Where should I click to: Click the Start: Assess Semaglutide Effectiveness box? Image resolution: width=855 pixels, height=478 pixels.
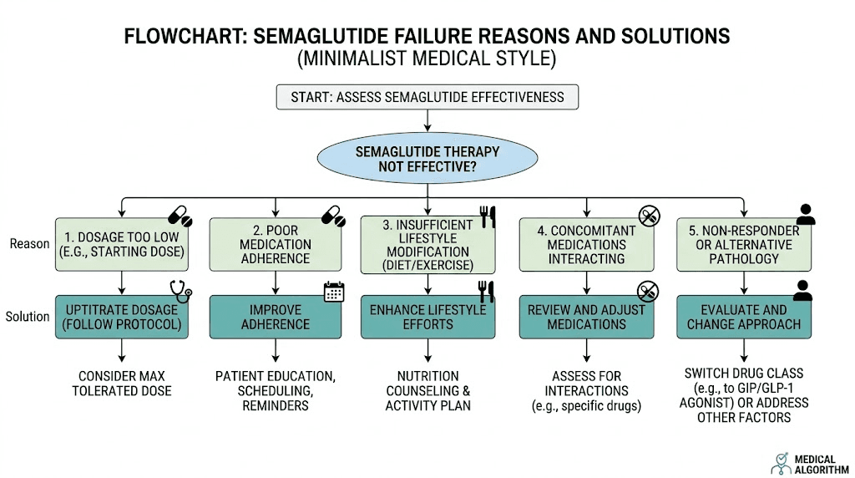(x=427, y=97)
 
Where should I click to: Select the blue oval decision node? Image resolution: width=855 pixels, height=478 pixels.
(x=427, y=159)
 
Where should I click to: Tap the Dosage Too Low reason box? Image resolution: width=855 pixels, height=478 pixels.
(x=123, y=244)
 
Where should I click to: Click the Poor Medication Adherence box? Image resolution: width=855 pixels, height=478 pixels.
(x=275, y=245)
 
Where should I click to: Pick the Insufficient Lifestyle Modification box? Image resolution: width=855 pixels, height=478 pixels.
(x=427, y=245)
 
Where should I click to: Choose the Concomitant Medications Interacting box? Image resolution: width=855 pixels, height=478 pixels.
(x=585, y=245)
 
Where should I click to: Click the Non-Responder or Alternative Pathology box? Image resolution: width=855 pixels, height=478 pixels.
(x=743, y=245)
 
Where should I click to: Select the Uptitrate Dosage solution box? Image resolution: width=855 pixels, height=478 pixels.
(x=123, y=317)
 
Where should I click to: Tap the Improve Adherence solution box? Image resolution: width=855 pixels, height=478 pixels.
(x=275, y=317)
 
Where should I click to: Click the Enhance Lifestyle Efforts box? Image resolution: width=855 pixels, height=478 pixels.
(x=427, y=317)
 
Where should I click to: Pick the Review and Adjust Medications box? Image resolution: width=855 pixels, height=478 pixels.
(x=585, y=317)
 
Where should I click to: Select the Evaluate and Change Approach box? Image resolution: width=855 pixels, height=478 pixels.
(x=743, y=317)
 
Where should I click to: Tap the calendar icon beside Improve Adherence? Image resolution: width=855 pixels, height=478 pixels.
(x=334, y=292)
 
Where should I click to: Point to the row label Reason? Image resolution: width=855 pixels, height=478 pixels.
(x=29, y=244)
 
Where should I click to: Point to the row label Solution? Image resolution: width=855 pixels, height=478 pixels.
(x=28, y=317)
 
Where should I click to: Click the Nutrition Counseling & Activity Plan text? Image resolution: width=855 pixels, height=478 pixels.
(x=427, y=391)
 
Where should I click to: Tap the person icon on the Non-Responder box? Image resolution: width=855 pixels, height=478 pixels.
(x=805, y=215)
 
